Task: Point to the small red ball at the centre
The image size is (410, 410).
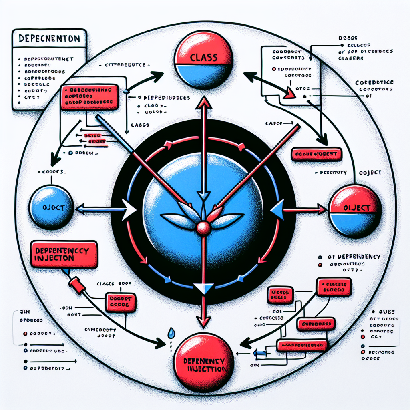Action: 203,227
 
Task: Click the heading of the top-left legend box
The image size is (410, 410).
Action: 49,39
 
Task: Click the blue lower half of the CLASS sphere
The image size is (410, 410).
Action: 204,76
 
